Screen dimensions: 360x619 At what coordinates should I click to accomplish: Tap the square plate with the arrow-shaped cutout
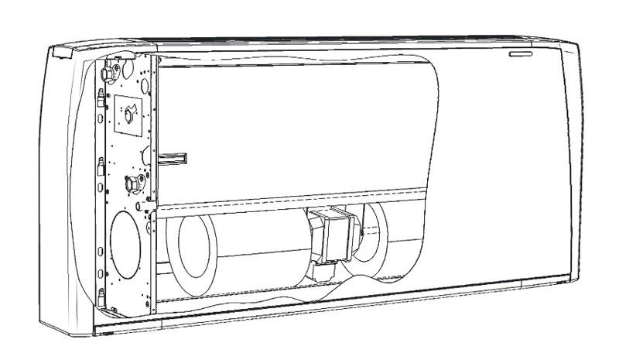(x=128, y=113)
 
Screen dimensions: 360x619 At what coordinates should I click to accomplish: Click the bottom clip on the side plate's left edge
(x=101, y=294)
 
